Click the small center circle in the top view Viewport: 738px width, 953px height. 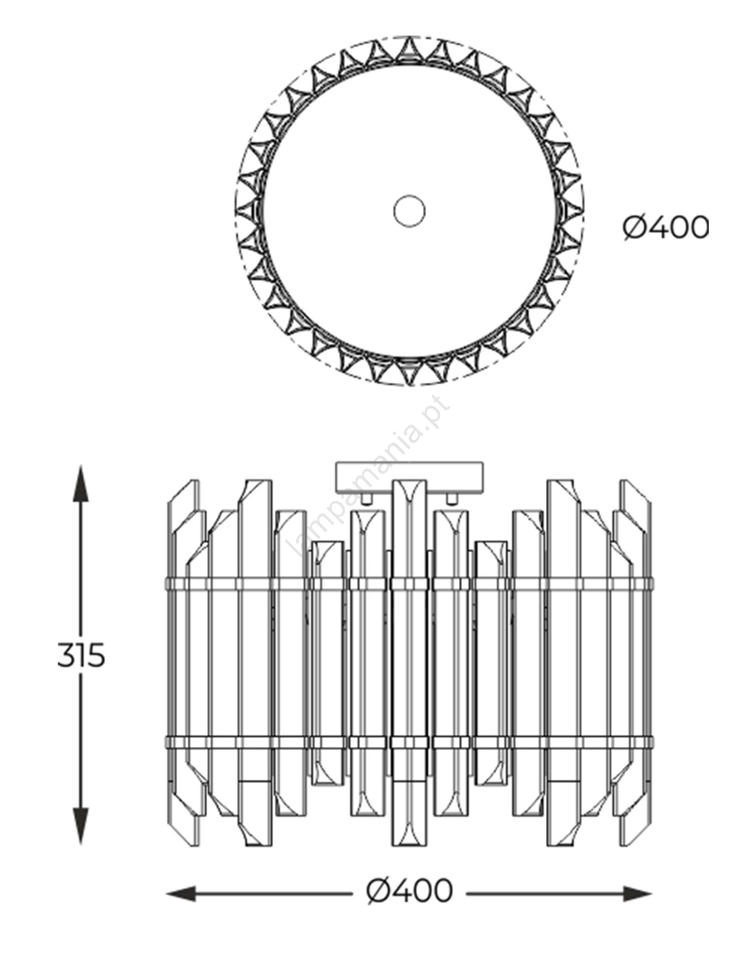[409, 211]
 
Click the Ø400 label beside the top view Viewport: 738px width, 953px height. [666, 227]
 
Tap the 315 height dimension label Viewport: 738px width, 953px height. [81, 656]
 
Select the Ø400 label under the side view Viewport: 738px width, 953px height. [410, 892]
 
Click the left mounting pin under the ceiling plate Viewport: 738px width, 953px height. [369, 497]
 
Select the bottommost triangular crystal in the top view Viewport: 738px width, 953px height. [409, 373]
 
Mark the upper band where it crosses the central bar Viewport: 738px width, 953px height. [409, 583]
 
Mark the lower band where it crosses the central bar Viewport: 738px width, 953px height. [409, 743]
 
